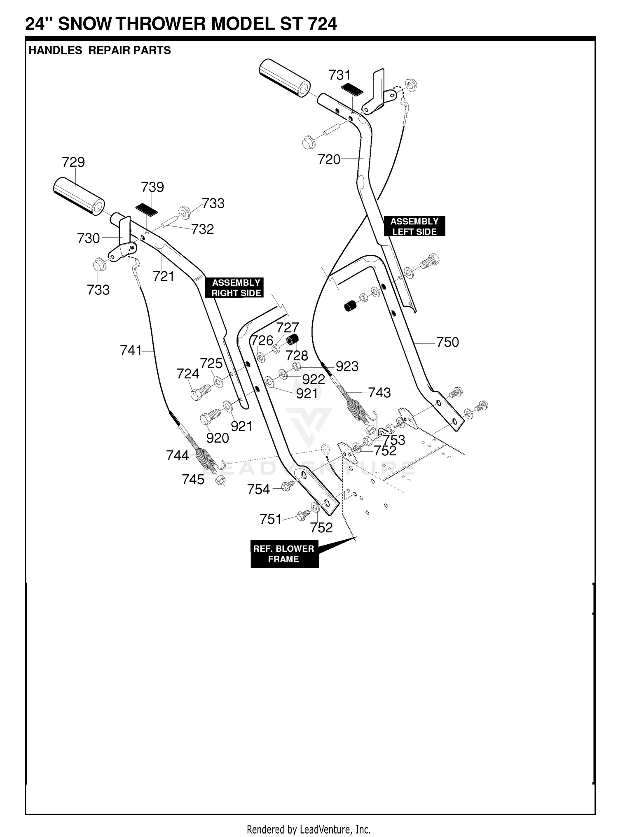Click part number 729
[73, 162]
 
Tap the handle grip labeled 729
[79, 196]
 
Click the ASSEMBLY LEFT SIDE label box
[414, 226]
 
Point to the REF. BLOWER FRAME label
[284, 554]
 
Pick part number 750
[447, 342]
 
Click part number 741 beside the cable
[131, 350]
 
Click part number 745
[193, 480]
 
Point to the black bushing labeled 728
[293, 340]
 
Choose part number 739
[152, 187]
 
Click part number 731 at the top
[339, 75]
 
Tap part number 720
[329, 160]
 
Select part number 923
[347, 366]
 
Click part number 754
[258, 490]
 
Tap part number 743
[379, 393]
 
